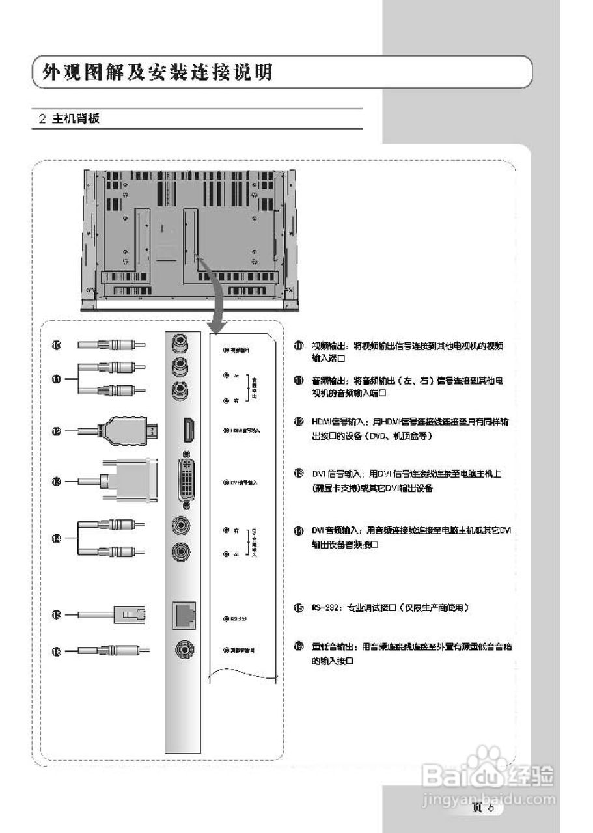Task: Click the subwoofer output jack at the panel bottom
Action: coord(183,650)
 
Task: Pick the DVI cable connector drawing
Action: coord(130,482)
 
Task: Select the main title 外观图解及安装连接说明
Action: coord(156,72)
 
